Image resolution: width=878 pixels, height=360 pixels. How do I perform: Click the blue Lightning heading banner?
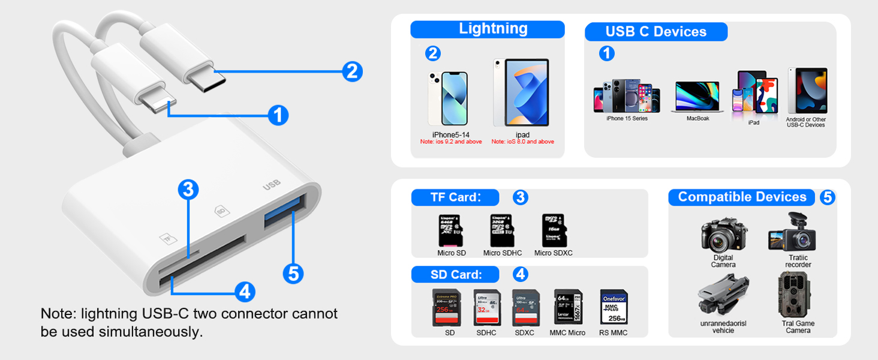click(x=487, y=29)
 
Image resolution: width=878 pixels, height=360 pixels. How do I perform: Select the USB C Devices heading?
click(x=656, y=32)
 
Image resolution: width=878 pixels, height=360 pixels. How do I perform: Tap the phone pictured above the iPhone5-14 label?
click(x=447, y=99)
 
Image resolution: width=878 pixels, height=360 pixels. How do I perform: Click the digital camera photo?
click(x=724, y=235)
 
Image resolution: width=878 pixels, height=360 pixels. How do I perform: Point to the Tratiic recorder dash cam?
click(x=792, y=234)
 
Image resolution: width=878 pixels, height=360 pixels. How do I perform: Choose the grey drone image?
click(x=724, y=296)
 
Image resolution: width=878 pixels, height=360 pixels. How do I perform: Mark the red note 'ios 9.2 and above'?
click(x=450, y=142)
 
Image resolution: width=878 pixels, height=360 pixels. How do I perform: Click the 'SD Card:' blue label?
click(x=455, y=275)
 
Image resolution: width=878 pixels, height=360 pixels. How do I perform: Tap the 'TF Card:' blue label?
click(x=455, y=197)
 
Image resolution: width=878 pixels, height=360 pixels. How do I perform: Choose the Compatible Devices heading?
click(x=742, y=197)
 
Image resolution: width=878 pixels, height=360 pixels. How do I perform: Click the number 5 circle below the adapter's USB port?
click(x=293, y=274)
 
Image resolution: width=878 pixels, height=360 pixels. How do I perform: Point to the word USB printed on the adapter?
click(x=272, y=187)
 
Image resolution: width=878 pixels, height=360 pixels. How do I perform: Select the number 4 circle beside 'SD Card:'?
click(x=521, y=275)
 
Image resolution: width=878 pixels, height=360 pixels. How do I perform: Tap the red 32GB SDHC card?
click(x=486, y=308)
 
